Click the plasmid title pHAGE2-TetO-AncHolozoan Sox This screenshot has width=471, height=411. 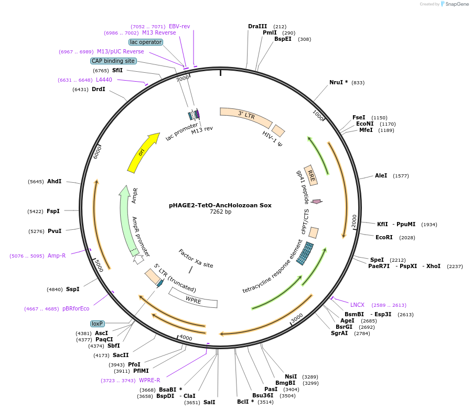[x=220, y=205]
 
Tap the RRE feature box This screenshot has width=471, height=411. [x=311, y=175]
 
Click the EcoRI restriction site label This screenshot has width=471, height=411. [x=384, y=237]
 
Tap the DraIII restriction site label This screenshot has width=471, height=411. [x=258, y=26]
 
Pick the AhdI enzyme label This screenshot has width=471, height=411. [x=54, y=181]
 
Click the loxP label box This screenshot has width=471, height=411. [x=98, y=324]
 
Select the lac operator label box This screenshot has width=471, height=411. [x=146, y=42]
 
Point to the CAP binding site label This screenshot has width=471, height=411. [x=113, y=61]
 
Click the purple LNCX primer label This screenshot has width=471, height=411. [x=357, y=305]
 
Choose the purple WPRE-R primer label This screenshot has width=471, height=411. [x=149, y=380]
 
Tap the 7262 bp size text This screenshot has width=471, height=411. [x=220, y=212]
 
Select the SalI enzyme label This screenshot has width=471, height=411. [x=209, y=402]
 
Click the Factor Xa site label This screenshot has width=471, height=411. [x=196, y=259]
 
